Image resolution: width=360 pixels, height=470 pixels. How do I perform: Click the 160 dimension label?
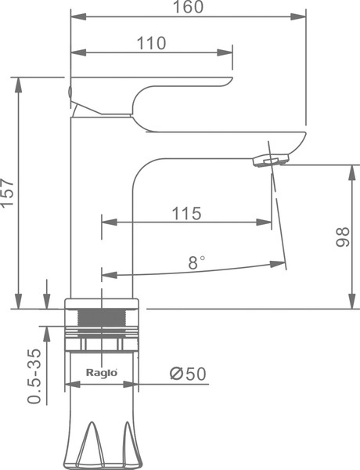click(189, 6)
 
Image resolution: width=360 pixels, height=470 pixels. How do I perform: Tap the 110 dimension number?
click(151, 43)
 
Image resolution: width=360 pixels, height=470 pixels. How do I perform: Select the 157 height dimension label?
click(8, 193)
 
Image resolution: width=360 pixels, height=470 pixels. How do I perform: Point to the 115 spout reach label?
click(186, 214)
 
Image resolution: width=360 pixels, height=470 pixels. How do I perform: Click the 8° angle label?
click(196, 262)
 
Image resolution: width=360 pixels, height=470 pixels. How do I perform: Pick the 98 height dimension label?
click(343, 237)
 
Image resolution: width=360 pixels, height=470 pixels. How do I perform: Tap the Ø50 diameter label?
click(188, 374)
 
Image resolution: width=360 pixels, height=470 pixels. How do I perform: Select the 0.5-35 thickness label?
click(34, 376)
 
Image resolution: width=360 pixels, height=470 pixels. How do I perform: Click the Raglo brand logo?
click(102, 373)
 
